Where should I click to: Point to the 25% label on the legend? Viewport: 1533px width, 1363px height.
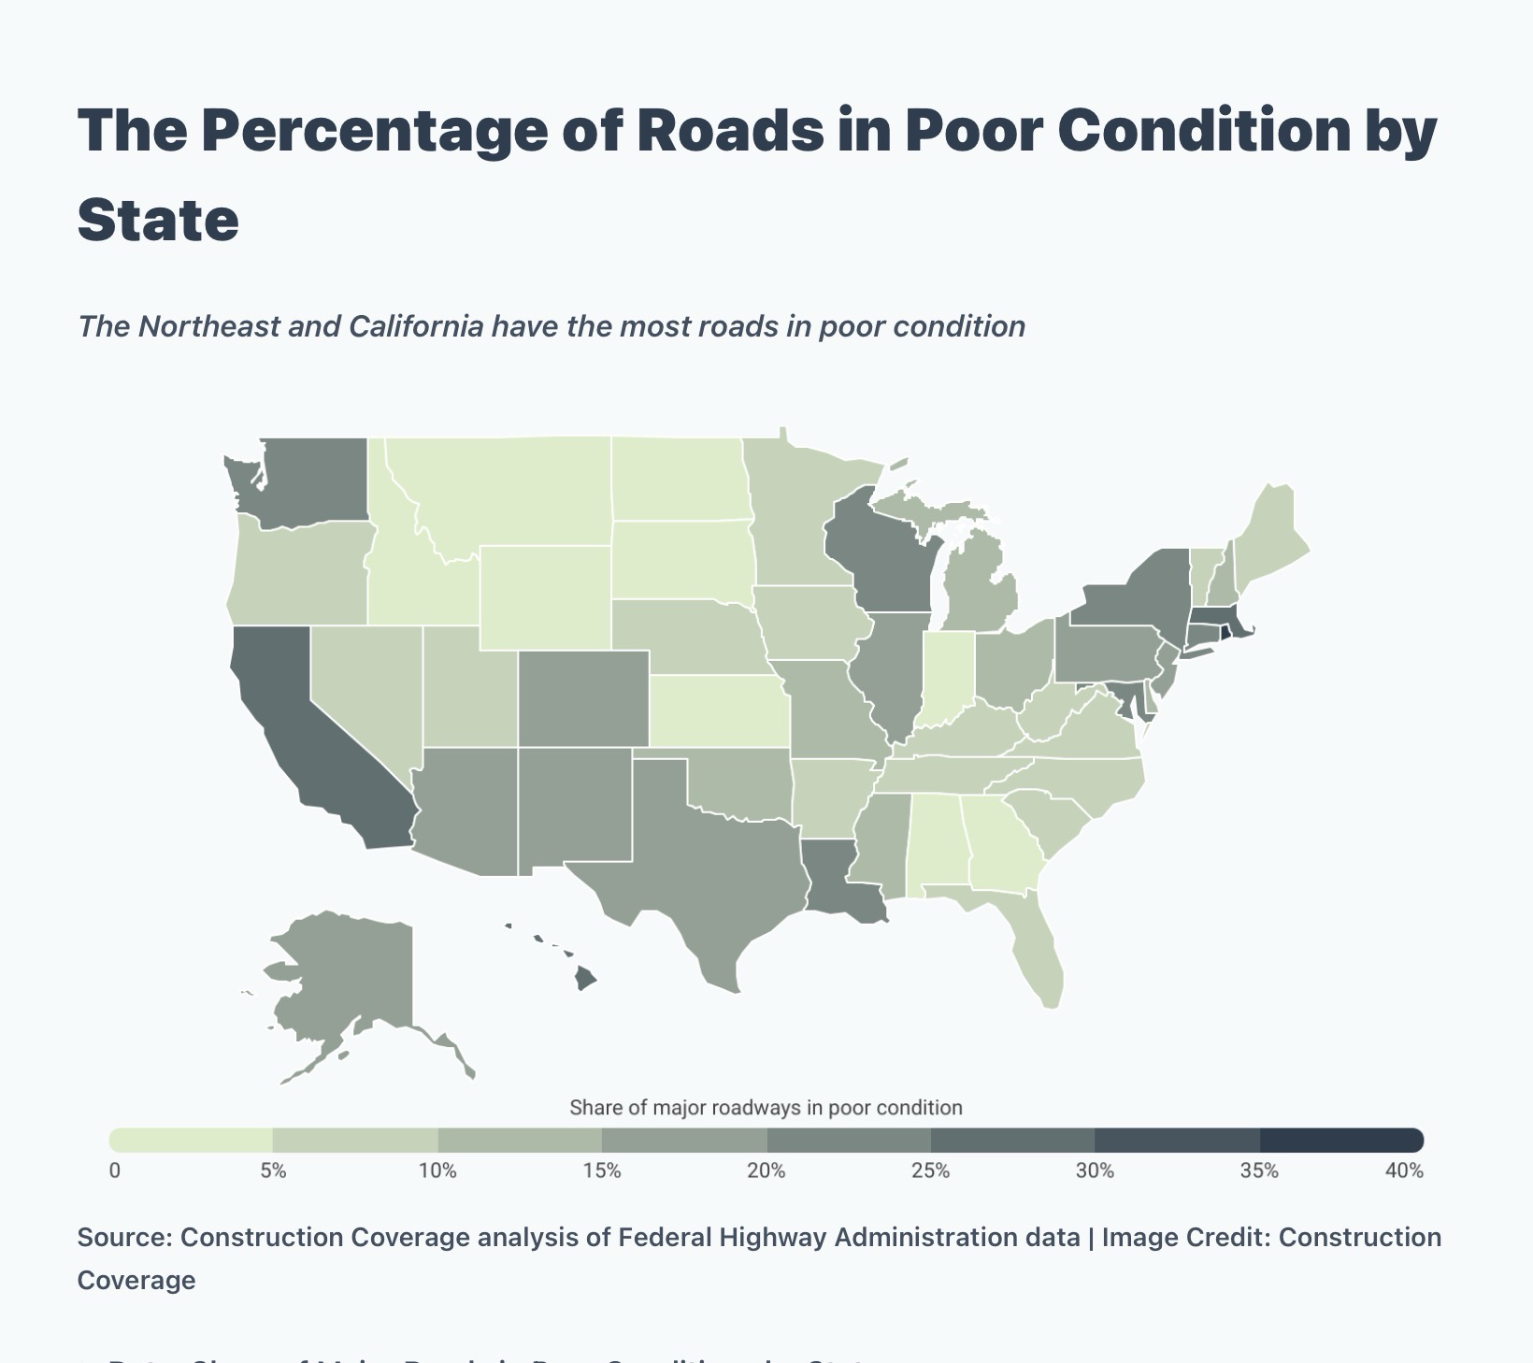(931, 1171)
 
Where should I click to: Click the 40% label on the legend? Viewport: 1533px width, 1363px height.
(1404, 1171)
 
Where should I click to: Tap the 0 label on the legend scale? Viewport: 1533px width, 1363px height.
(115, 1171)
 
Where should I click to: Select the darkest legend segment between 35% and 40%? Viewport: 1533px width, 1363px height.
(1340, 1141)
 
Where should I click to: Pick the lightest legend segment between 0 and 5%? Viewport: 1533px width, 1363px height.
(192, 1141)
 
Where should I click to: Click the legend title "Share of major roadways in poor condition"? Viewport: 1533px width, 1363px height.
(766, 1108)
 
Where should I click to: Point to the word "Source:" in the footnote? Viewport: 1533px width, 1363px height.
(124, 1238)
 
